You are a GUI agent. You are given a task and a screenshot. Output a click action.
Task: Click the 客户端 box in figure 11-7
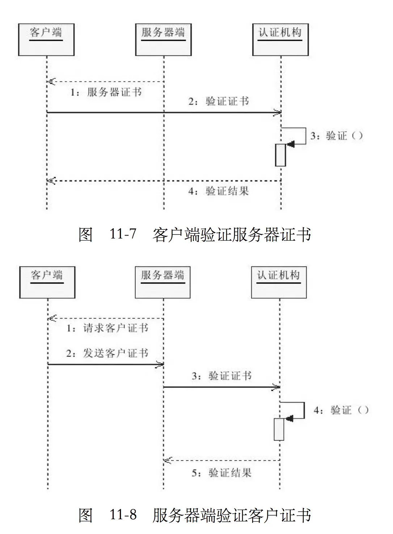(x=46, y=40)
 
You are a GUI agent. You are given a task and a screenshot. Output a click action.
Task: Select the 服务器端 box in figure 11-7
(x=163, y=40)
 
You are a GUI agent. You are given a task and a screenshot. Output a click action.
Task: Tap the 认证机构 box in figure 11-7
(x=280, y=40)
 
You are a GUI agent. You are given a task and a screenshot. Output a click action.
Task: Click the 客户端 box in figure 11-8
(x=47, y=283)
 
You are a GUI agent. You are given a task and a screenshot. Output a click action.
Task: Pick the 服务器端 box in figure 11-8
(x=162, y=283)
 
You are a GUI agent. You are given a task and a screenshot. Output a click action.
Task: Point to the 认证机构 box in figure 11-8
(x=279, y=283)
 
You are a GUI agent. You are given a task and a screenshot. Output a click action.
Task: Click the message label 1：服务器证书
(x=106, y=92)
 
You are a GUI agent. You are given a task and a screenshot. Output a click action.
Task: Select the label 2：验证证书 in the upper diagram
(x=219, y=101)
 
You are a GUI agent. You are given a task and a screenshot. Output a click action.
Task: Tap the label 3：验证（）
(x=337, y=136)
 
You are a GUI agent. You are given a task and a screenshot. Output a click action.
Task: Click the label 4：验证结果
(x=219, y=191)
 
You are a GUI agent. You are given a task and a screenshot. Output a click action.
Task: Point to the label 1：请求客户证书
(x=107, y=328)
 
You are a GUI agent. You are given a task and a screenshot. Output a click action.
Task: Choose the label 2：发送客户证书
(x=107, y=353)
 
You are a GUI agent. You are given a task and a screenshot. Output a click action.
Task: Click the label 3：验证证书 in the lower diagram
(x=221, y=376)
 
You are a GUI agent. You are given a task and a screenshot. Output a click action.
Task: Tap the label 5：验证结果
(x=221, y=473)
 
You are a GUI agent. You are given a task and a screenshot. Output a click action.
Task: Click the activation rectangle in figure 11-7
(x=280, y=155)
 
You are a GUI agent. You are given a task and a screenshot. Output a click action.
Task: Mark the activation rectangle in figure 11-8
(x=279, y=429)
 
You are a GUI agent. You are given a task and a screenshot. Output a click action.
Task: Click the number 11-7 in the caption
(x=123, y=234)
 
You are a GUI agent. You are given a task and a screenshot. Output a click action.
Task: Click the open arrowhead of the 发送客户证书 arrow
(x=160, y=364)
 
